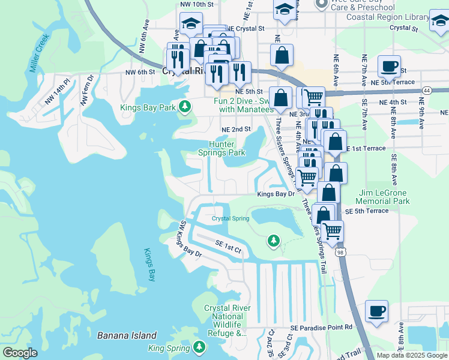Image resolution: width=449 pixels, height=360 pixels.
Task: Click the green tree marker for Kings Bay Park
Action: [x=185, y=107]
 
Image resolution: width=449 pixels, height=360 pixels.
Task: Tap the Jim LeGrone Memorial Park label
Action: [x=384, y=197]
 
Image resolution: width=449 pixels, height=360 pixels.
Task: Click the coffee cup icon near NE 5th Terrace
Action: [x=389, y=67]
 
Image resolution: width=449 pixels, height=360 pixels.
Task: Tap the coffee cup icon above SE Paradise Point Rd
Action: [x=376, y=311]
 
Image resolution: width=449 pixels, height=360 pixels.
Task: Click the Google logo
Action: [x=20, y=353]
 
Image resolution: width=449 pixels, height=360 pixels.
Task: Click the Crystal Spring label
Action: [x=230, y=218]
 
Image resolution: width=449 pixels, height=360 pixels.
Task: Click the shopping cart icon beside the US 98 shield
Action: [x=332, y=230]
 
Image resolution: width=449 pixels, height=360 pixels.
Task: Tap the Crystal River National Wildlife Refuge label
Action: [x=227, y=320]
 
